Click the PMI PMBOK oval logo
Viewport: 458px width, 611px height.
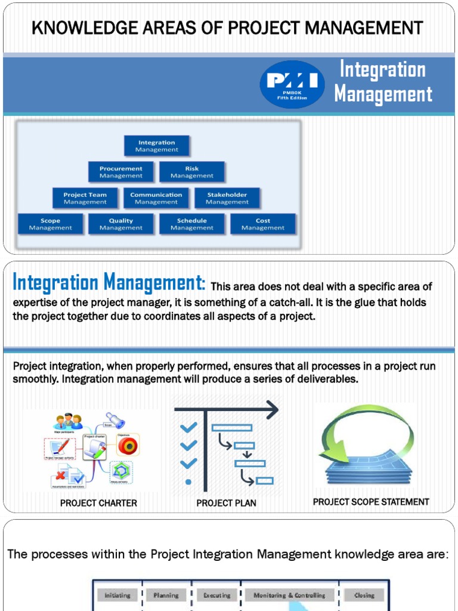pos(292,84)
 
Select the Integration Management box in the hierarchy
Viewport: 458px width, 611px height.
pos(156,146)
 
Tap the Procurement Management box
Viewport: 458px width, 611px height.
pos(121,172)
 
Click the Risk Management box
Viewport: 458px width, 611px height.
pos(192,172)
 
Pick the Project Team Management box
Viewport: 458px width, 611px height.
pos(85,198)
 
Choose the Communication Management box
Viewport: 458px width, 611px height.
pos(156,198)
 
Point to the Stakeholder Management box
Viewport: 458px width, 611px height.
pos(227,198)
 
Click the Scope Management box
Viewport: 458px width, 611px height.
pos(50,224)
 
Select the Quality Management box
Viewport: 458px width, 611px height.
pos(121,224)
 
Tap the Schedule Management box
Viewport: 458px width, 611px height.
pos(192,224)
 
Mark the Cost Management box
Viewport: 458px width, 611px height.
pos(263,224)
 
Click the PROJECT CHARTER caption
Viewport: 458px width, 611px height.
pos(98,503)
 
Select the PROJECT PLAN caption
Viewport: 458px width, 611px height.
pos(226,503)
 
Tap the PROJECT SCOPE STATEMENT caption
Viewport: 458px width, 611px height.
pos(371,502)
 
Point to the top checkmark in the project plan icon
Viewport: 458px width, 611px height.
pos(188,427)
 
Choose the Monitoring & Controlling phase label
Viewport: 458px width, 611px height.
pos(289,595)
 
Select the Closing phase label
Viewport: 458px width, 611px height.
pos(364,595)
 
